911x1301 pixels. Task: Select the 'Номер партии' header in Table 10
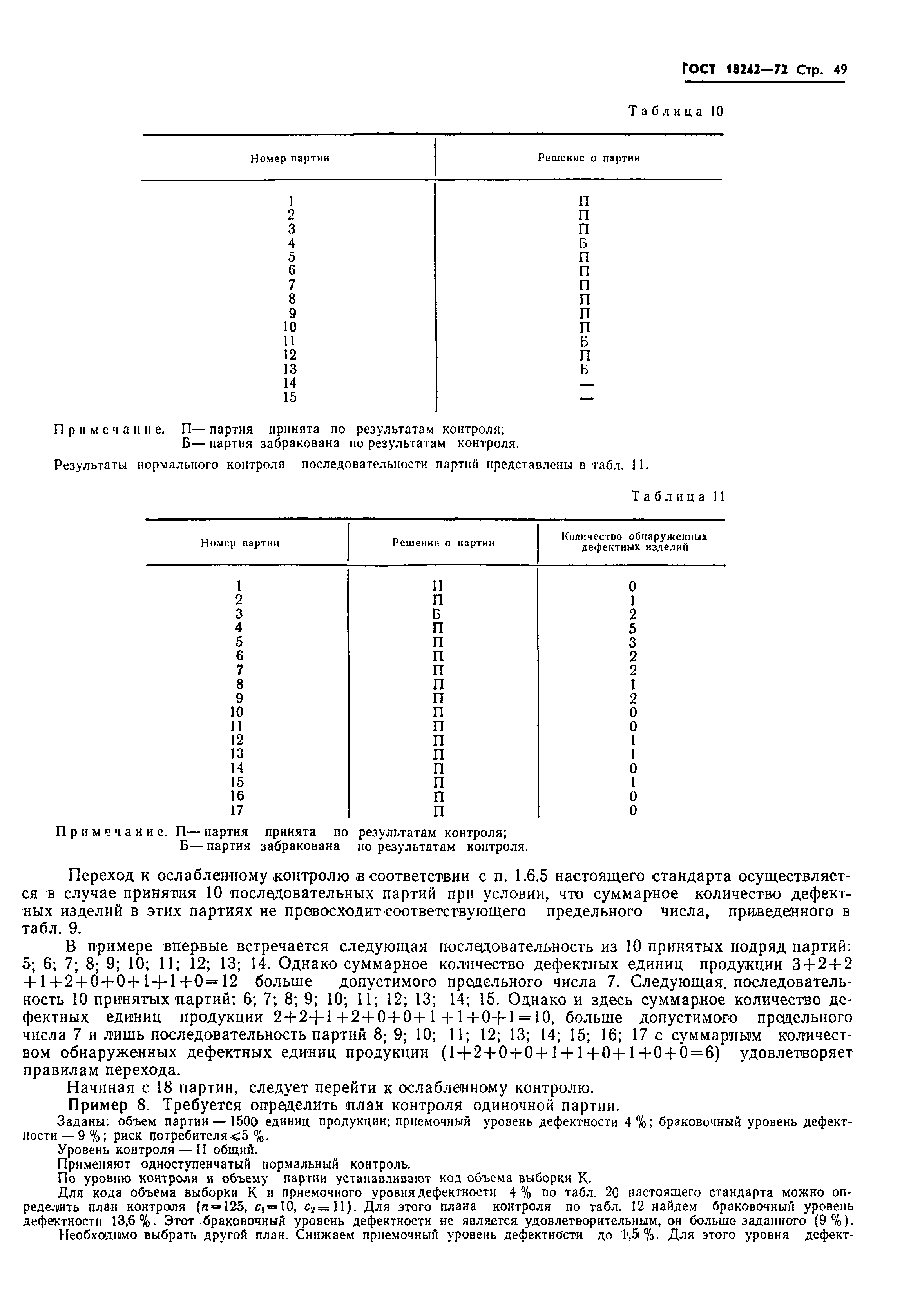tap(290, 159)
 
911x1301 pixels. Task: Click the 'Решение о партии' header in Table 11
tap(444, 543)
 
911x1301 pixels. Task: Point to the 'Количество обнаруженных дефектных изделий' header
tap(634, 542)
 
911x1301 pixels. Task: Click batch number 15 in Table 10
tap(290, 398)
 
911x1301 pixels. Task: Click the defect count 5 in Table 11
tap(633, 628)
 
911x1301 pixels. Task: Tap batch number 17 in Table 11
tap(237, 810)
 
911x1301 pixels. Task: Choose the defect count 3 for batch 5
tap(633, 642)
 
